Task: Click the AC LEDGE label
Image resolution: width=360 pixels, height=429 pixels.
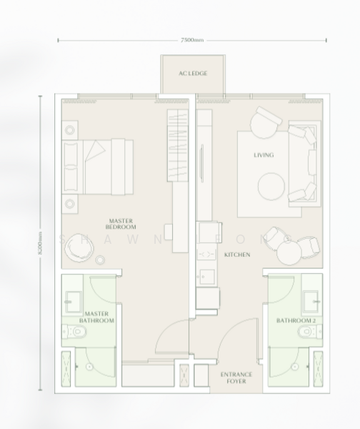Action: (193, 74)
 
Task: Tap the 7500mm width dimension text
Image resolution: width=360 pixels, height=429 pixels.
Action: (192, 40)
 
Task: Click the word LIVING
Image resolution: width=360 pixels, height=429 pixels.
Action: (264, 154)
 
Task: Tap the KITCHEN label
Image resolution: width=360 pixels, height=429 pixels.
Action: (236, 255)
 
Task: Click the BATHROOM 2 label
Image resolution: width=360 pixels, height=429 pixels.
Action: (296, 321)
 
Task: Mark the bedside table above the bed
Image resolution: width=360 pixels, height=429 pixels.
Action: (70, 131)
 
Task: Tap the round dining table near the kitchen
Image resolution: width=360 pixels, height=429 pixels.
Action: (291, 251)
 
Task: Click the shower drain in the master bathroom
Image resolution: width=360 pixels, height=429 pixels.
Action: (89, 365)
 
